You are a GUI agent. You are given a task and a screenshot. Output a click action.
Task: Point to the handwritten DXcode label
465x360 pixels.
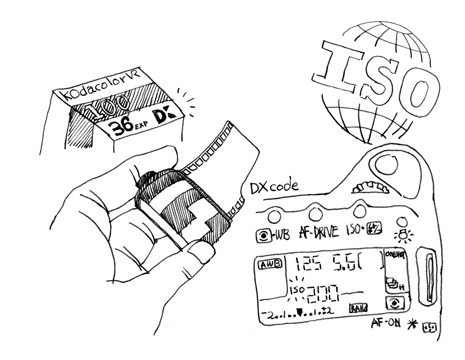[274, 187]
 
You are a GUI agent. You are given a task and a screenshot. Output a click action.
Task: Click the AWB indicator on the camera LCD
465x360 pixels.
[269, 264]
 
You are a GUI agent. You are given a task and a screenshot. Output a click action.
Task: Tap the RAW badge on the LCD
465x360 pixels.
[358, 308]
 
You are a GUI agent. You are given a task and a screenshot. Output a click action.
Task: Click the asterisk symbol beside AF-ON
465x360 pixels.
[412, 323]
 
